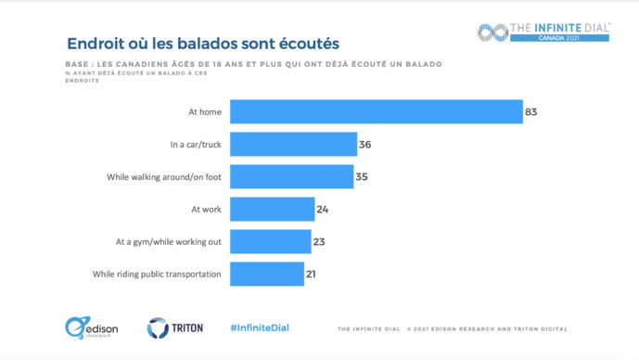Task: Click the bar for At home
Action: click(376, 111)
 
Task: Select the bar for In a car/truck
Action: click(293, 144)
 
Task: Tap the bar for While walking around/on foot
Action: click(291, 176)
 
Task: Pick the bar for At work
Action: click(272, 209)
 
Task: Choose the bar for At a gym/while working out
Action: click(270, 241)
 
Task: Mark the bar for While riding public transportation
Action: click(266, 274)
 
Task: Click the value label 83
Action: click(531, 111)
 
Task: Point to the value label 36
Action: click(365, 144)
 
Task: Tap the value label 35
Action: click(362, 176)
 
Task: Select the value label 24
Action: click(323, 209)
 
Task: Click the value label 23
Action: click(320, 241)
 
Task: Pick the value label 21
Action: click(313, 274)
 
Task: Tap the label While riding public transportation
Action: click(156, 274)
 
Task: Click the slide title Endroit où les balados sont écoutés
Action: click(203, 44)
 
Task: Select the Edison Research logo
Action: click(90, 328)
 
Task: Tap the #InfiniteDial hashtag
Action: click(260, 328)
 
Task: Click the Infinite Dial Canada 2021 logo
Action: click(543, 32)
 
